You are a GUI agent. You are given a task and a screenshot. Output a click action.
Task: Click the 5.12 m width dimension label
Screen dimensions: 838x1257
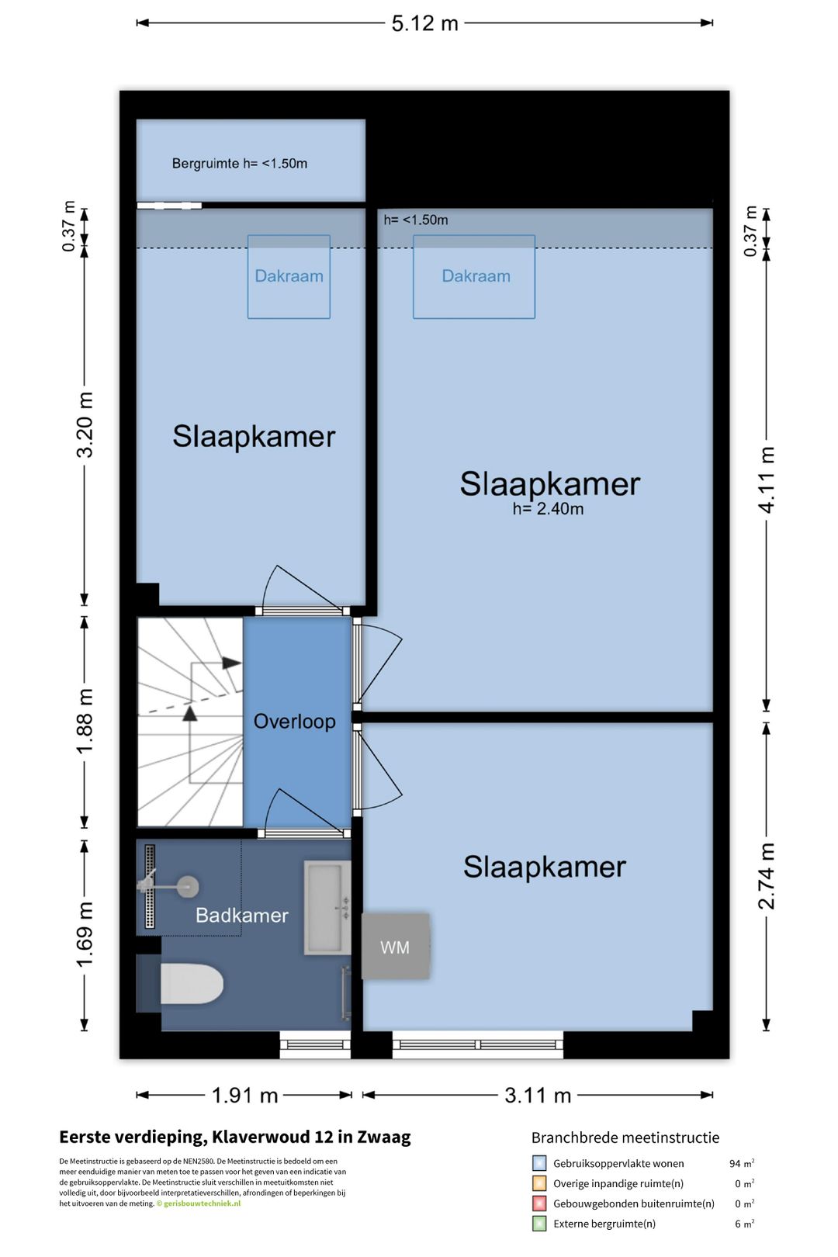[424, 23]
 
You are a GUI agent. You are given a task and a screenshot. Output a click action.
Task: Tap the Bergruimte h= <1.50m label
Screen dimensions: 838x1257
[240, 163]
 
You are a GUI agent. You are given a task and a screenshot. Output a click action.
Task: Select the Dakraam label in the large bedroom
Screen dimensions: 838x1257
[476, 275]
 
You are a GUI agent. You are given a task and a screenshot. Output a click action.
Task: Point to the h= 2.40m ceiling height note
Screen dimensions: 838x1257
[548, 509]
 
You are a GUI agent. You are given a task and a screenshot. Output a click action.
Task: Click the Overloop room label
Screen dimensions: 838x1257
[295, 721]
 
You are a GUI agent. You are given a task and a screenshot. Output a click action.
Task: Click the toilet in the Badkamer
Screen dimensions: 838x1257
[191, 984]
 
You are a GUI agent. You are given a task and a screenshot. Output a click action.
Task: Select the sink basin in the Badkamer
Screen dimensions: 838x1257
[327, 909]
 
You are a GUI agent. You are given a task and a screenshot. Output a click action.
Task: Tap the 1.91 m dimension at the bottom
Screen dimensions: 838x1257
[244, 1095]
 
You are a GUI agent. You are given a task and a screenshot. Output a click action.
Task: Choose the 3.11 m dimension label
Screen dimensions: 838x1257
[538, 1095]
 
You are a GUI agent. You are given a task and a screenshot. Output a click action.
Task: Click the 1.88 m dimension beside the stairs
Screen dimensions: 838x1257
[85, 721]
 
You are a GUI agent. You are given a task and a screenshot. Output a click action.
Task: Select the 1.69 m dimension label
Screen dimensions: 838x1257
[85, 934]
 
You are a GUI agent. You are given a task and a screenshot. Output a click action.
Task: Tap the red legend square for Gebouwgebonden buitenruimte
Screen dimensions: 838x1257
[539, 1203]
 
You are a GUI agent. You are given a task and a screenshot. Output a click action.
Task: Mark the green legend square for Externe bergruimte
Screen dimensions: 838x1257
[539, 1224]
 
